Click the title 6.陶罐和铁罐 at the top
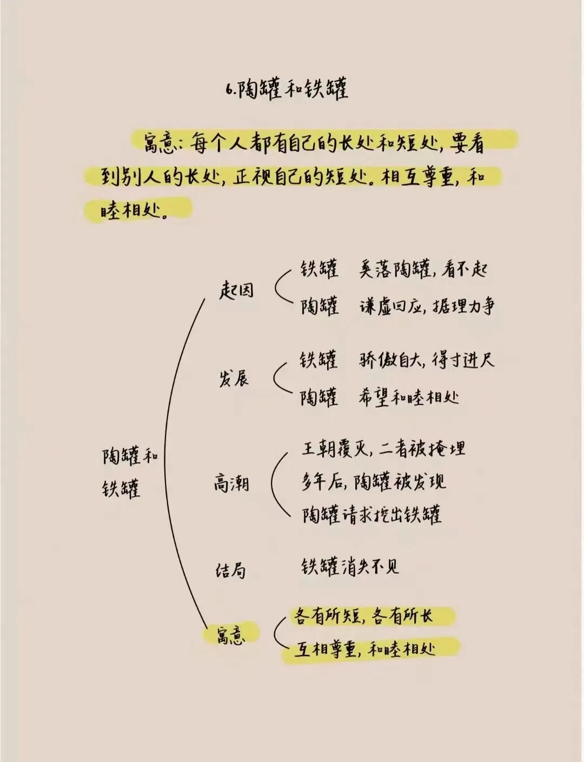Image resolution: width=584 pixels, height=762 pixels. tap(287, 89)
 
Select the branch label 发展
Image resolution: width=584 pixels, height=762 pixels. tap(234, 378)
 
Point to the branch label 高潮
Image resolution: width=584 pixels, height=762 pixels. tap(231, 482)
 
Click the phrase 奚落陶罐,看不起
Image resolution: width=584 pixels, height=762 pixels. tap(423, 270)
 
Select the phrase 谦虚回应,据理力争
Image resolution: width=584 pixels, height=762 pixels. tap(427, 307)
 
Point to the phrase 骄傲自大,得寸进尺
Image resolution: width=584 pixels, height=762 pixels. tap(426, 360)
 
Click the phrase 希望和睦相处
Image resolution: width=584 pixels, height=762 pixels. tap(409, 398)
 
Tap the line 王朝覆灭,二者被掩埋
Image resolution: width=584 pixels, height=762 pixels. tap(383, 449)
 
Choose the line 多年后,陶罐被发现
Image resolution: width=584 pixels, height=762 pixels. tap(374, 482)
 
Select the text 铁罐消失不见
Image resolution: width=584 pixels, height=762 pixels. tap(350, 567)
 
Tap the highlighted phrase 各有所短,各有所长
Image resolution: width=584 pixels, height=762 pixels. tap(363, 616)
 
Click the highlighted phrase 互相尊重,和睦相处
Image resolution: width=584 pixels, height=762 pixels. tap(365, 649)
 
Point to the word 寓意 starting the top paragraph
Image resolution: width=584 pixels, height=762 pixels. tap(157, 144)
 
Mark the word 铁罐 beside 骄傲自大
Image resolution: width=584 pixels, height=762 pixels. tap(318, 360)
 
